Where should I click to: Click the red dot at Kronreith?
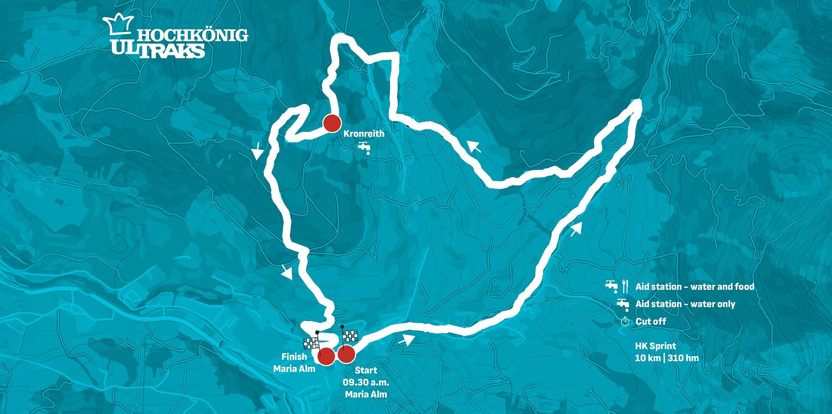[331, 123]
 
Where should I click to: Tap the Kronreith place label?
[364, 134]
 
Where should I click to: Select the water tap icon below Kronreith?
[364, 148]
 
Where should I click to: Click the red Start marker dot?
[346, 355]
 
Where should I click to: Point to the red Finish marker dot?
[326, 356]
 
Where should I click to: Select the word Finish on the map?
[294, 356]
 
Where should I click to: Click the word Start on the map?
[366, 370]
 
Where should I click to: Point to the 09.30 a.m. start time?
[366, 382]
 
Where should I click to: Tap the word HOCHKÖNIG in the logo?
[193, 35]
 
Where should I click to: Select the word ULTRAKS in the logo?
[158, 50]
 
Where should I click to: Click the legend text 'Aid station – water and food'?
[695, 287]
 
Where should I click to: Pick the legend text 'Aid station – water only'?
[685, 304]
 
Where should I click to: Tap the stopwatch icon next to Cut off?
[624, 322]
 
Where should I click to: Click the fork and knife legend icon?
[624, 286]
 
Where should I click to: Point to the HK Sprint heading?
[655, 346]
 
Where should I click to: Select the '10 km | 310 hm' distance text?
[667, 358]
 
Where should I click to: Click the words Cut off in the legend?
[650, 322]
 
